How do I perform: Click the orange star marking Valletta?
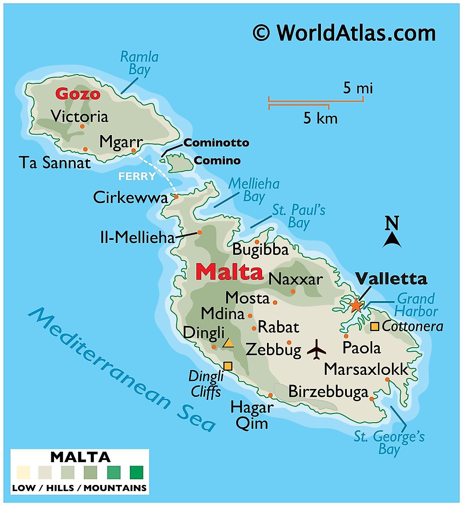[356, 304]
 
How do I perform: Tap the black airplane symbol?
[317, 350]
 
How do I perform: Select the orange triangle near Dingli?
[228, 343]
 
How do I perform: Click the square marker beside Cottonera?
[375, 326]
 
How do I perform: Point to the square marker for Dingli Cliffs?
[228, 366]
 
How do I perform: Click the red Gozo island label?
[78, 94]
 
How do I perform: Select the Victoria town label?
[79, 116]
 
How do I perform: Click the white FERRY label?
[136, 176]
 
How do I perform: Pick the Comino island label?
[217, 160]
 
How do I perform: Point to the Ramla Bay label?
[139, 63]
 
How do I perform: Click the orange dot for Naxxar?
[293, 291]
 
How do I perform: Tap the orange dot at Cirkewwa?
[176, 196]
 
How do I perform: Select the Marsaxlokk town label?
[366, 369]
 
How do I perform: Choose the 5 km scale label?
[321, 118]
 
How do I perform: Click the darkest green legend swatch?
[136, 472]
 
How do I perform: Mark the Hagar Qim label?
[252, 415]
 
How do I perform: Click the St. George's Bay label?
[389, 443]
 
